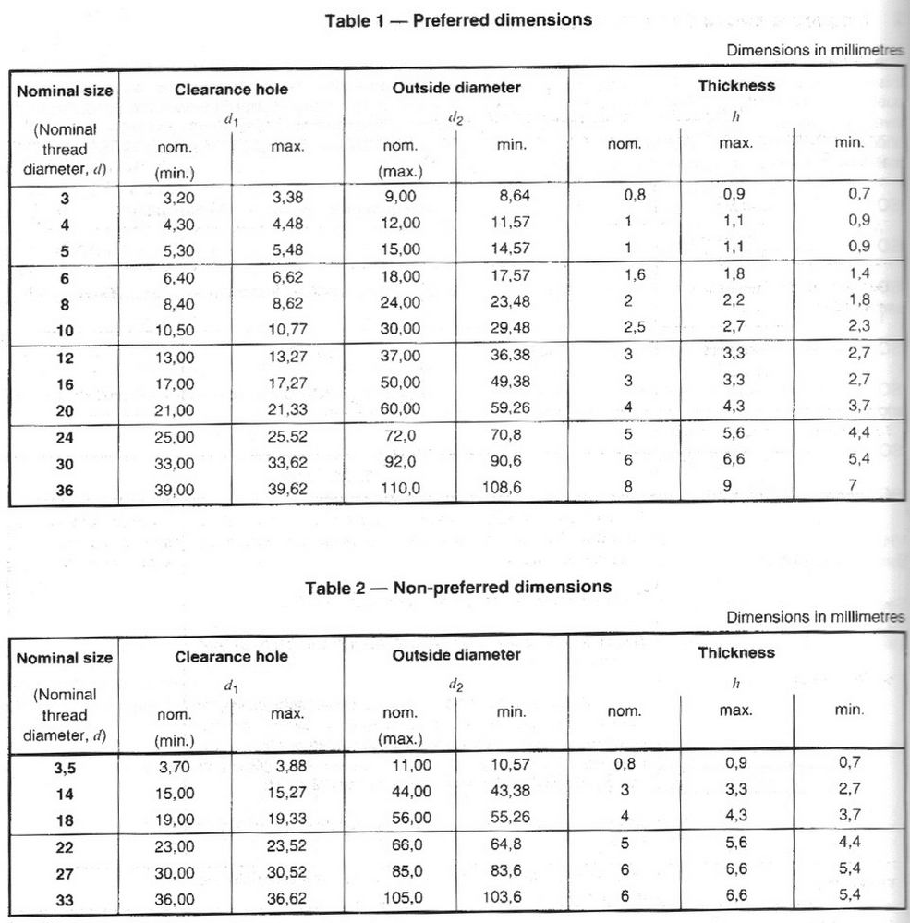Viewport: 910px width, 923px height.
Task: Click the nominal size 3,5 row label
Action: (x=64, y=766)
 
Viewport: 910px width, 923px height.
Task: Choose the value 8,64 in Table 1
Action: (x=506, y=196)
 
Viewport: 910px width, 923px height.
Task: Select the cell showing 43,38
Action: (x=504, y=792)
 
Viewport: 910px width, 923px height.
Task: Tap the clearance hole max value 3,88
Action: (x=287, y=765)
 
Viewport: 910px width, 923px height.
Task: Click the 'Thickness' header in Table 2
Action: (x=736, y=653)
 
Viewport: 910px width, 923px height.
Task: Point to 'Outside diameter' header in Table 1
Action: (x=456, y=89)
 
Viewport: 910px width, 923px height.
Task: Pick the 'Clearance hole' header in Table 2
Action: (x=231, y=656)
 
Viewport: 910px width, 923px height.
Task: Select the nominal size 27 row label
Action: (x=64, y=873)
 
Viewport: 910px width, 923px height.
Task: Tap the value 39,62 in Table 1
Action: (x=287, y=487)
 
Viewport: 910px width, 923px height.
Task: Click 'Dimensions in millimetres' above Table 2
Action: (x=813, y=616)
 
